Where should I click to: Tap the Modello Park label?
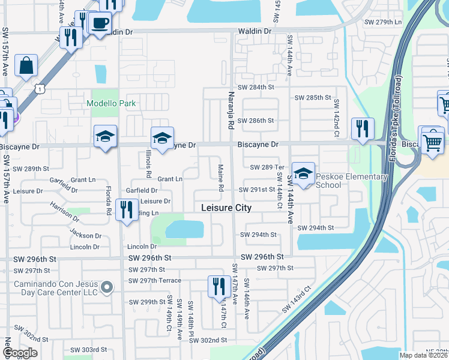(x=111, y=103)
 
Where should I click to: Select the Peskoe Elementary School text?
(x=340, y=181)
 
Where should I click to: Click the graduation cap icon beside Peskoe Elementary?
(x=303, y=173)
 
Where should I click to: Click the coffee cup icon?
(x=100, y=23)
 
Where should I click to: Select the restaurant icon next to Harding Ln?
(x=126, y=211)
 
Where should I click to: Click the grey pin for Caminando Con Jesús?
(x=107, y=287)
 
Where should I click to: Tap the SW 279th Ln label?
(x=383, y=22)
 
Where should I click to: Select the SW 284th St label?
(x=256, y=87)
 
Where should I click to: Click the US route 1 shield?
(x=40, y=88)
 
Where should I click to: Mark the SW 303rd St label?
(x=88, y=349)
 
